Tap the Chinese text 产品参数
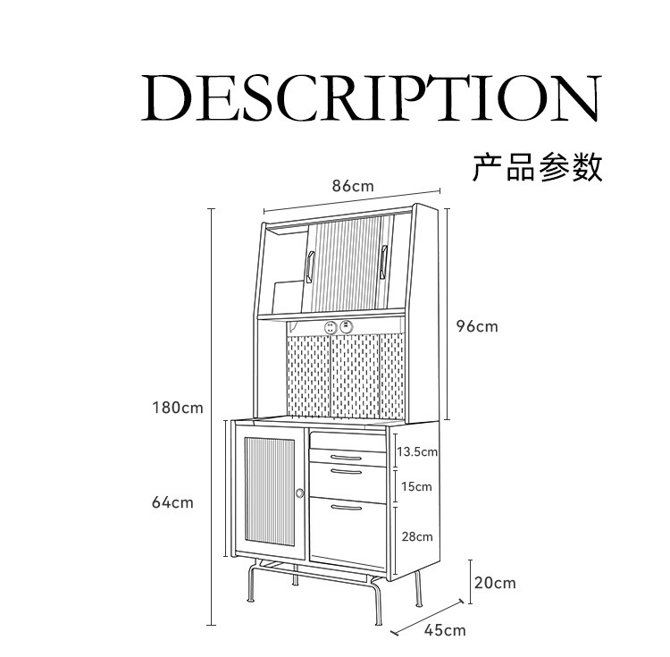click(x=538, y=166)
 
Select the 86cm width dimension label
click(x=352, y=186)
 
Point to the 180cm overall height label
click(x=177, y=408)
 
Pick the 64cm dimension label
click(x=172, y=502)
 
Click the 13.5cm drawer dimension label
click(x=417, y=451)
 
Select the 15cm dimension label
click(x=416, y=486)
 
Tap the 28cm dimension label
click(x=417, y=536)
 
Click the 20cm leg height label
click(x=495, y=583)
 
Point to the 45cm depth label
click(x=445, y=630)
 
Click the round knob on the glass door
click(x=300, y=493)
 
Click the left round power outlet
click(x=330, y=328)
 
